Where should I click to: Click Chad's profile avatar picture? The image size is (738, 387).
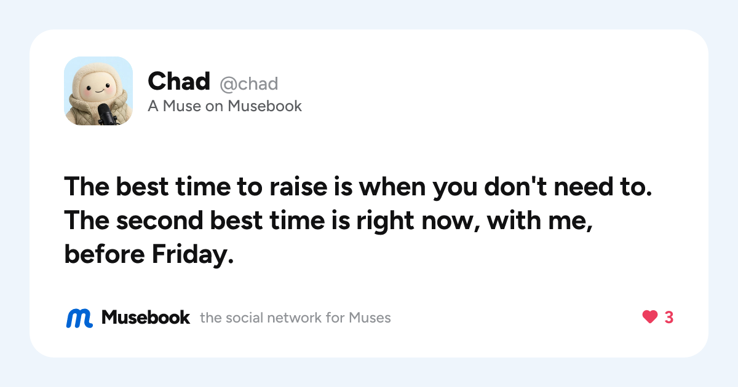98,91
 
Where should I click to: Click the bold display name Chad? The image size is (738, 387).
179,81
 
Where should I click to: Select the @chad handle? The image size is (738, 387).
248,84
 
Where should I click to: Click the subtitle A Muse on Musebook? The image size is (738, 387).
224,106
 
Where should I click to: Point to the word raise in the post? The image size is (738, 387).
298,187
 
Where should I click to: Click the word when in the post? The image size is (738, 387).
392,187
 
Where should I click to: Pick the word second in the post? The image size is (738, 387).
159,221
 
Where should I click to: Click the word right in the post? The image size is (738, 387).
385,221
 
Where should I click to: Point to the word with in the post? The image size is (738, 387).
514,220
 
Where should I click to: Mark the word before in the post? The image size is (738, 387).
105,254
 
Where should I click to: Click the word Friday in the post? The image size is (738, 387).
192,255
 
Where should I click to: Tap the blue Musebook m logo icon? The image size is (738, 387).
79,318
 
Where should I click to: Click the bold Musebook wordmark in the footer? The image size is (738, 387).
146,317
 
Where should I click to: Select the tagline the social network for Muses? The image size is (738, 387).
295,318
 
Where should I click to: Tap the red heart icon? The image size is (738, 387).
650,317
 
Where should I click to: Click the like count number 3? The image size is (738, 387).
669,317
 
